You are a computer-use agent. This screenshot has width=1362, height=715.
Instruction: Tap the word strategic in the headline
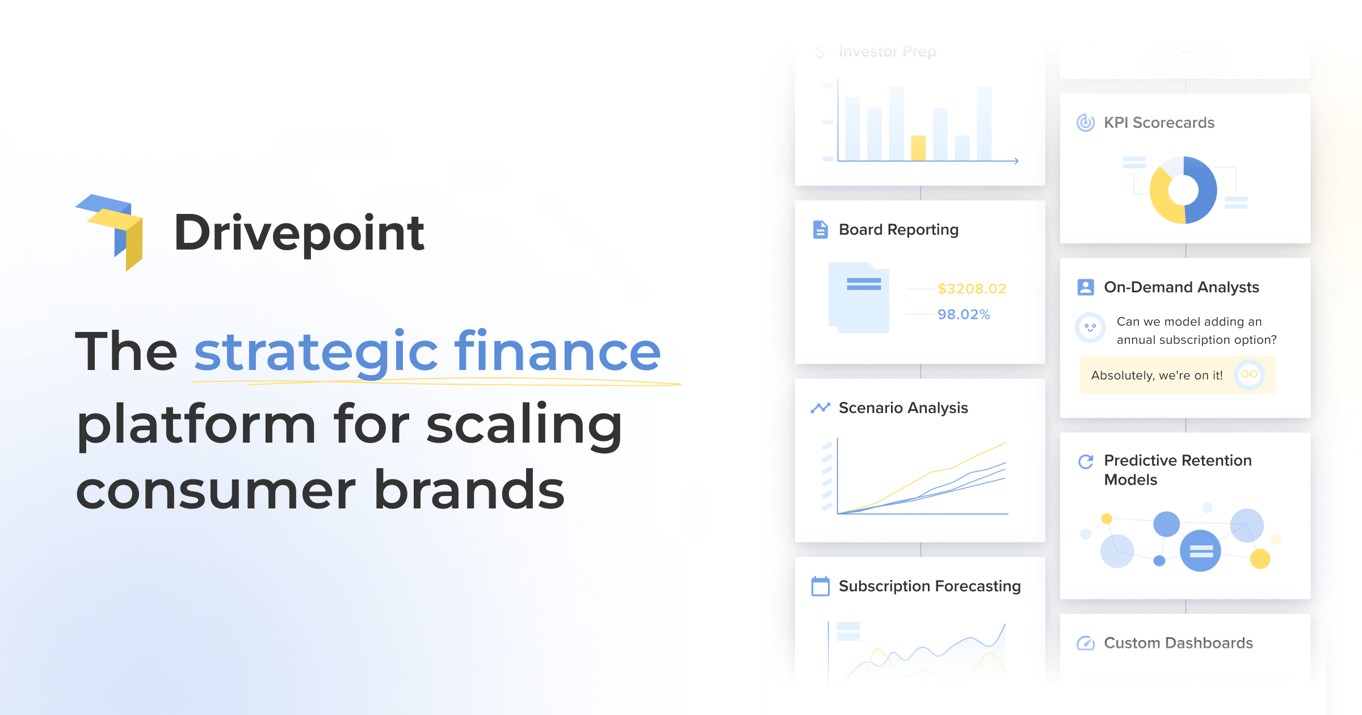point(316,352)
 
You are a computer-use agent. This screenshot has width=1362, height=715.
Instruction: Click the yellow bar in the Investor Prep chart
point(918,148)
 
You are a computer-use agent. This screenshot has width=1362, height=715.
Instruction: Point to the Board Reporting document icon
point(820,229)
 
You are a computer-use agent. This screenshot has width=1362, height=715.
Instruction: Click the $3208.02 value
point(972,289)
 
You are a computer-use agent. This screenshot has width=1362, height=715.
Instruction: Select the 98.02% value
point(963,314)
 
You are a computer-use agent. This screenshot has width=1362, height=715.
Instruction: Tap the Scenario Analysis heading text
point(903,407)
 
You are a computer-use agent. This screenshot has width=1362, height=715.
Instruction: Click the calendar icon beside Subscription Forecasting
point(820,586)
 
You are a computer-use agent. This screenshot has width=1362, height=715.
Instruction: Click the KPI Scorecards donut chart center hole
point(1183,190)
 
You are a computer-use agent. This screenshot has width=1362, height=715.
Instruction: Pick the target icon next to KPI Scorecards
point(1085,123)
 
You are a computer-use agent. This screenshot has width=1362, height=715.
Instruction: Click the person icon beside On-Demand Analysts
point(1085,287)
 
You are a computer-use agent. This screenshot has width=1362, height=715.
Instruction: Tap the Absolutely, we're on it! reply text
point(1157,375)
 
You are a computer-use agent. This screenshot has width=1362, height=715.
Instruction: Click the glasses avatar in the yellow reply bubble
point(1249,375)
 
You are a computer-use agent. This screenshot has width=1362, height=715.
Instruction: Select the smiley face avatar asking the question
point(1090,328)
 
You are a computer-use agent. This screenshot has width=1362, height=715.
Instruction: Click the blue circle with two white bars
point(1201,550)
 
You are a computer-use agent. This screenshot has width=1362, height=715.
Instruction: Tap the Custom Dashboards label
point(1178,643)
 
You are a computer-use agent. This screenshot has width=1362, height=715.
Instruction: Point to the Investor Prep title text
point(887,52)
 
